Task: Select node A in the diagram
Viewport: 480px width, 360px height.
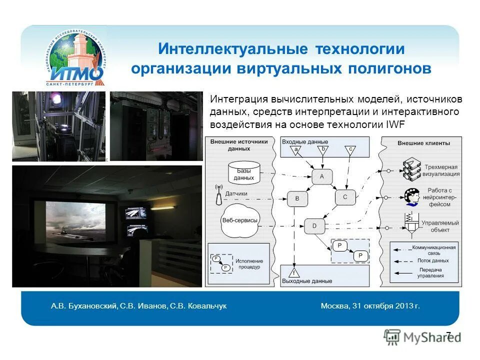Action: coord(322,176)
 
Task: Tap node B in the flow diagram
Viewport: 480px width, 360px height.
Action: coord(297,198)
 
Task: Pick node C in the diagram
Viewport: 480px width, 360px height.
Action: coord(344,197)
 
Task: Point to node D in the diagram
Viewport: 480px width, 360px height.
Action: coord(314,225)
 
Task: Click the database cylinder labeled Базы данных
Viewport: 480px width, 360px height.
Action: coord(243,172)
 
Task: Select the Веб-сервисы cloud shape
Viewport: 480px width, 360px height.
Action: coord(239,220)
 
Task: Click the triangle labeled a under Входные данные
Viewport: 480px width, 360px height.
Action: coord(296,149)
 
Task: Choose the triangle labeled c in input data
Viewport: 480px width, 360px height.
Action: coord(350,149)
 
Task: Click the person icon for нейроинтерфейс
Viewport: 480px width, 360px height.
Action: coord(412,196)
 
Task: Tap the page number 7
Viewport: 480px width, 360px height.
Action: coord(448,335)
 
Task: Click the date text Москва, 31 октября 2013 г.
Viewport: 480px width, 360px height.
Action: coord(370,305)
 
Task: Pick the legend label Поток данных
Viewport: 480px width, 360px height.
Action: coord(432,260)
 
